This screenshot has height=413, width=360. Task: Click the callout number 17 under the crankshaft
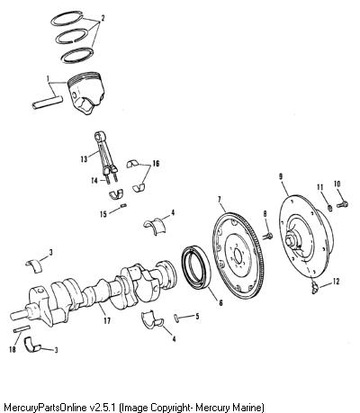107,320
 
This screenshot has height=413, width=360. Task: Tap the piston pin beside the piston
48,103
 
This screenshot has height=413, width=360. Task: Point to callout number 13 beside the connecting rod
84,158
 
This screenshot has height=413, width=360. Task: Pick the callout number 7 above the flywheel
220,199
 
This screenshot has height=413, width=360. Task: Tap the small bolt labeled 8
268,236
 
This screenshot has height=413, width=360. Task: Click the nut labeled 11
329,208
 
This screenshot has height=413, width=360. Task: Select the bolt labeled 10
342,205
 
